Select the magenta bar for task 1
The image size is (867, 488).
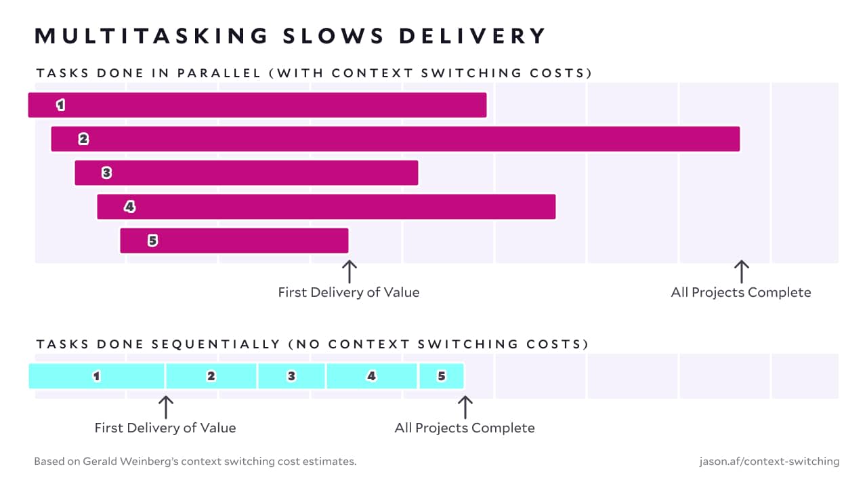(x=257, y=105)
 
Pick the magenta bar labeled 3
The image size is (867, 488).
(x=247, y=173)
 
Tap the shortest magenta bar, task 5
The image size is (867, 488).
(x=234, y=241)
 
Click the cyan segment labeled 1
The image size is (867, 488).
(x=97, y=376)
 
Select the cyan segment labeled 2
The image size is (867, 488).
(x=211, y=376)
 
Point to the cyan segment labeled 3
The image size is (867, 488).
(x=291, y=376)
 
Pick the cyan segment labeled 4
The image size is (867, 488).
(x=371, y=376)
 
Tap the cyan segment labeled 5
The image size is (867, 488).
(x=442, y=376)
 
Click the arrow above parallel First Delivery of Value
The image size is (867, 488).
(x=349, y=271)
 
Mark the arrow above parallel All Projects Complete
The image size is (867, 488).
(x=741, y=271)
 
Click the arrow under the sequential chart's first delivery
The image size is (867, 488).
(x=165, y=407)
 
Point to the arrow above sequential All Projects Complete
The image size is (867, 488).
(x=465, y=407)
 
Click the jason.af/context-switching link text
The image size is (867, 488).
(x=769, y=462)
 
